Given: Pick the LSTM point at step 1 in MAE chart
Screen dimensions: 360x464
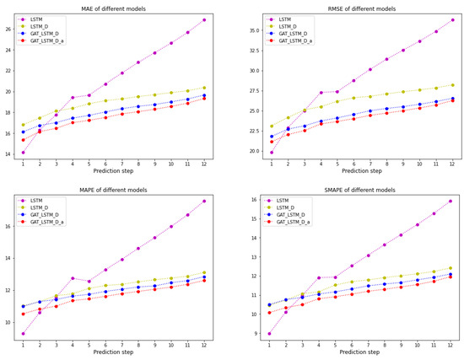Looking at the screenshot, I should (x=23, y=153).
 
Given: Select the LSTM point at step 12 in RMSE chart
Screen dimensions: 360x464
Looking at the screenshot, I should (x=452, y=20).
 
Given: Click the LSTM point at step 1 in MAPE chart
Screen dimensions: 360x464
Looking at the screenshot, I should (x=23, y=334).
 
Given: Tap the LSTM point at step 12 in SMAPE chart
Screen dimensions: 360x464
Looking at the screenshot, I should (x=452, y=201).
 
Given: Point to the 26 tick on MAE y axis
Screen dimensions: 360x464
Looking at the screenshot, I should (x=8, y=30).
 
